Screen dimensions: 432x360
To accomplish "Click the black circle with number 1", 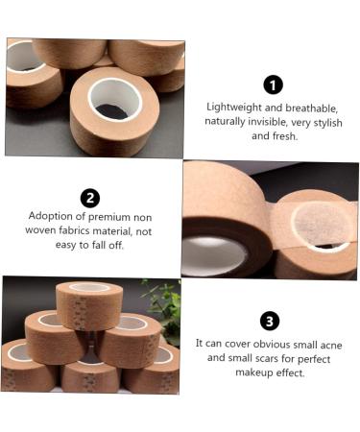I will (x=274, y=84).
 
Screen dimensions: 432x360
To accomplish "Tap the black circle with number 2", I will (x=90, y=198).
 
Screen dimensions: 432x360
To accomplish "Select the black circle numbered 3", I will (x=270, y=321).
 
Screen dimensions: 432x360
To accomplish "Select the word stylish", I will (x=326, y=122).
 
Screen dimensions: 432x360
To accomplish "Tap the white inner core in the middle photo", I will (x=213, y=253).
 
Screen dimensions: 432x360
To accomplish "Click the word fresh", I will (x=282, y=136).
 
